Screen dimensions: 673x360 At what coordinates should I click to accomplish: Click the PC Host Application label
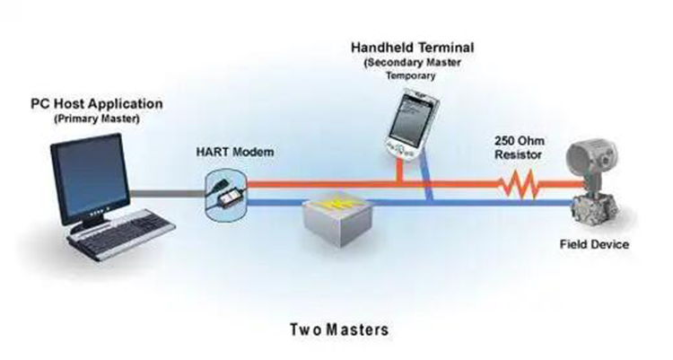tap(97, 104)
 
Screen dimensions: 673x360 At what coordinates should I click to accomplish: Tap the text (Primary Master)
tap(97, 119)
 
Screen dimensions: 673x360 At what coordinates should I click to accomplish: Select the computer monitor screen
tap(91, 178)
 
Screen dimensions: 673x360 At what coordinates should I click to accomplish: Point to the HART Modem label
tap(235, 152)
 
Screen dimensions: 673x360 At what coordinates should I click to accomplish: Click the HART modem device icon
tap(225, 195)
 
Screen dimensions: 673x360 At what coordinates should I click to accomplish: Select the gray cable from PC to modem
tap(168, 194)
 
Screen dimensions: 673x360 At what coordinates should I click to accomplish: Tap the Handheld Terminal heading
tap(413, 48)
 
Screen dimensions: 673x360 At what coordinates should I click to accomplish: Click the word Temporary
tap(411, 76)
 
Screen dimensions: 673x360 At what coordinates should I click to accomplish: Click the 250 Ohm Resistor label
tap(519, 147)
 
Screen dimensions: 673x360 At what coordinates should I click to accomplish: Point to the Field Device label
tap(594, 244)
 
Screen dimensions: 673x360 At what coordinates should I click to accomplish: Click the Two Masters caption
tap(339, 329)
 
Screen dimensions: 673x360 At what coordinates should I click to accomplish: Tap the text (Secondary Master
tap(413, 62)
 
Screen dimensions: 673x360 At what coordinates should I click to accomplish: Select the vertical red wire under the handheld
tap(399, 171)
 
